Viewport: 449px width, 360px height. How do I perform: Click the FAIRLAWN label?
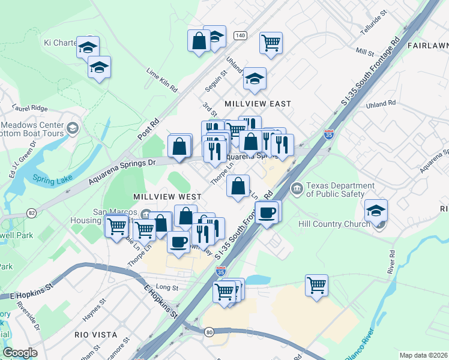(x=427, y=46)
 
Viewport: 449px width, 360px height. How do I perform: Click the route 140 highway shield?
(x=241, y=36)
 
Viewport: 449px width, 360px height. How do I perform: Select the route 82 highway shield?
(x=31, y=213)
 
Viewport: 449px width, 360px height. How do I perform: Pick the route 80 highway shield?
(x=209, y=331)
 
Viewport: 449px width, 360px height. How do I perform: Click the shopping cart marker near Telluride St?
(x=271, y=43)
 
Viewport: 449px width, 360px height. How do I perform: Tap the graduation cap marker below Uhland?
(x=255, y=79)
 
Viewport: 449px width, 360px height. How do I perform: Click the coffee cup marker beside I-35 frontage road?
(x=267, y=212)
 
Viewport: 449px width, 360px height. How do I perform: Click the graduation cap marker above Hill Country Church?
(x=376, y=211)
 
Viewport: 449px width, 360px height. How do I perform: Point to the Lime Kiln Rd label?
(x=162, y=80)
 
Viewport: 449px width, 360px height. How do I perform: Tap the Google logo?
(x=20, y=353)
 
